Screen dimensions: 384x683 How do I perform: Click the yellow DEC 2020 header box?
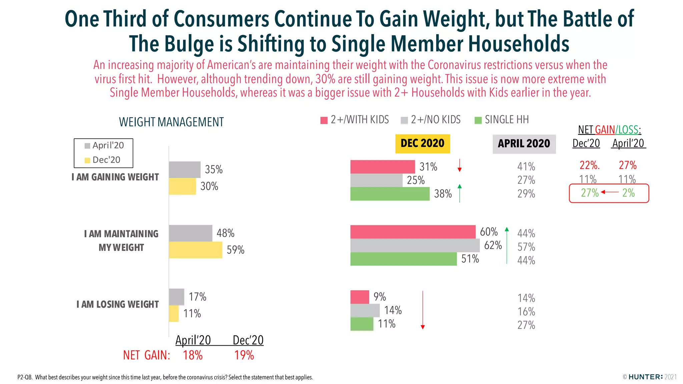pyautogui.click(x=422, y=144)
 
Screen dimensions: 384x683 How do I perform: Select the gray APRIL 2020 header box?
pyautogui.click(x=524, y=144)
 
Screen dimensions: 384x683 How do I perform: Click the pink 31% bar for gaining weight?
pyautogui.click(x=382, y=167)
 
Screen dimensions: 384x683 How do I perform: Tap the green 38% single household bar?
pyautogui.click(x=390, y=194)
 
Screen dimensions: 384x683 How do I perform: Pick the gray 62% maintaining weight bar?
pyautogui.click(x=415, y=245)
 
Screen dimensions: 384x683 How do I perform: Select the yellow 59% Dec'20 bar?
pyautogui.click(x=195, y=250)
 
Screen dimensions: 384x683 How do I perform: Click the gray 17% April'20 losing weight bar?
pyautogui.click(x=176, y=297)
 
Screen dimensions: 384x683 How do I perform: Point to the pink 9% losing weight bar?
pyautogui.click(x=360, y=297)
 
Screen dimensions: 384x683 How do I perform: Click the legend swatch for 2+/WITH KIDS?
pyautogui.click(x=324, y=120)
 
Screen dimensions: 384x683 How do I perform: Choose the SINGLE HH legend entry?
pyautogui.click(x=502, y=120)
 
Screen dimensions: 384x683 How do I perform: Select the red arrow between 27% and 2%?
pyautogui.click(x=610, y=192)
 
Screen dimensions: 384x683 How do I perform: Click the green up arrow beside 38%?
pyautogui.click(x=460, y=193)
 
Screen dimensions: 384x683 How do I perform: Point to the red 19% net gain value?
pyautogui.click(x=244, y=355)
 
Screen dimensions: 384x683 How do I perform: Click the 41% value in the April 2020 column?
pyautogui.click(x=526, y=166)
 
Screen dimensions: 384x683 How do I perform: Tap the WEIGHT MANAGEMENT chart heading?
pyautogui.click(x=171, y=122)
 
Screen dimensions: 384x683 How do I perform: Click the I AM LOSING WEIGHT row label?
pyautogui.click(x=117, y=304)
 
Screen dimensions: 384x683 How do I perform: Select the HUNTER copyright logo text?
pyautogui.click(x=646, y=377)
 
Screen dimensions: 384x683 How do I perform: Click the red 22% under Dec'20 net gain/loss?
pyautogui.click(x=589, y=165)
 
